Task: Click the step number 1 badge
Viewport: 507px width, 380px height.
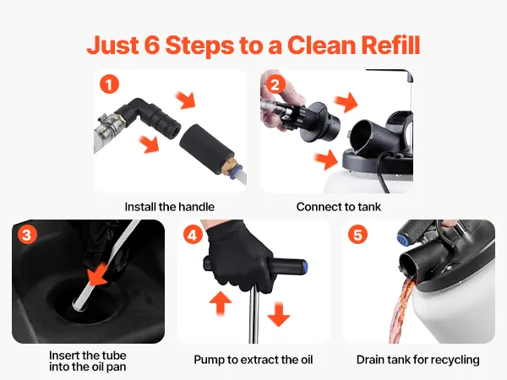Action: (x=109, y=84)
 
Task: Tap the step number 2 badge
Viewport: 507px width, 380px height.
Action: (x=275, y=84)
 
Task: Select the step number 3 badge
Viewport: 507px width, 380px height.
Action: (x=27, y=235)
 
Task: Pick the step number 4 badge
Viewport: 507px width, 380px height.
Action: (x=193, y=235)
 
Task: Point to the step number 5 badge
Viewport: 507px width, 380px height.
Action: (x=357, y=235)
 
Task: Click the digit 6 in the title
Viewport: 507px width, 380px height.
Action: (x=152, y=45)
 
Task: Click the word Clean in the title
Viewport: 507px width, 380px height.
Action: (x=321, y=45)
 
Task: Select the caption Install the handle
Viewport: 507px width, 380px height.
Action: (x=170, y=207)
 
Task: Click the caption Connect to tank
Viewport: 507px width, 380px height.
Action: (x=339, y=207)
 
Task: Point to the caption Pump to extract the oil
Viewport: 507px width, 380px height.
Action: (x=253, y=360)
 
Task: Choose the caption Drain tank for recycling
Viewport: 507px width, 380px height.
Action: (x=417, y=360)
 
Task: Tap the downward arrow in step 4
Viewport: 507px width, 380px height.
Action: (x=279, y=314)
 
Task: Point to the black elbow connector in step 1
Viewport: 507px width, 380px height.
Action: (x=150, y=117)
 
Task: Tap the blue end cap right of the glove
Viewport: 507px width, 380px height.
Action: (x=305, y=266)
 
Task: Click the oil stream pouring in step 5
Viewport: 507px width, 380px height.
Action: (x=401, y=310)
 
